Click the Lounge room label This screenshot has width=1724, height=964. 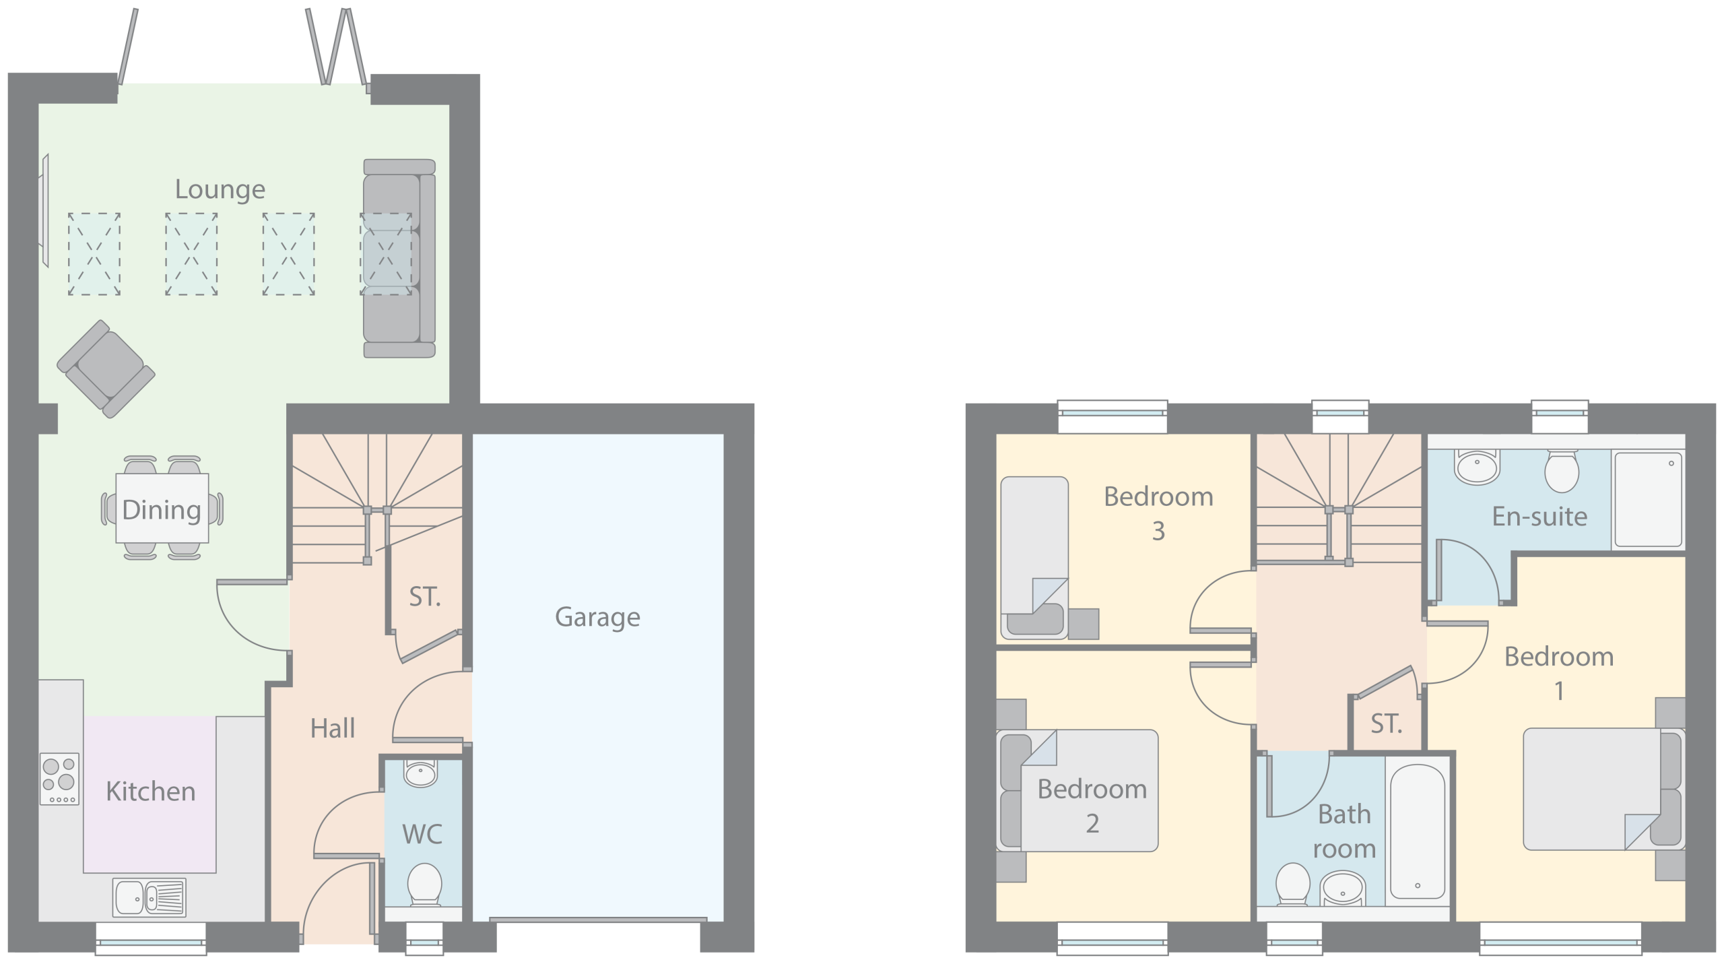[x=220, y=190]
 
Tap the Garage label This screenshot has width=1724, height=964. [x=597, y=618]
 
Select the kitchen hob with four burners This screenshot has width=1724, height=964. [x=60, y=779]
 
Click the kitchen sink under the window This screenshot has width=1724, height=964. [x=150, y=897]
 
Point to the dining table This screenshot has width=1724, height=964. [x=162, y=508]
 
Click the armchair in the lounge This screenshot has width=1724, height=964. [x=106, y=368]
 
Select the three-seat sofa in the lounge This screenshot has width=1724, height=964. [x=399, y=258]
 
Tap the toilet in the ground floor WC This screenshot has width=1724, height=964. [x=424, y=885]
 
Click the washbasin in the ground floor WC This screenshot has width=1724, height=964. [x=422, y=773]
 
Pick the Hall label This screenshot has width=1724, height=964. [x=333, y=729]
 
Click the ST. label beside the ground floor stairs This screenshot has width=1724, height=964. [x=425, y=597]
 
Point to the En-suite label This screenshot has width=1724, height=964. [x=1539, y=517]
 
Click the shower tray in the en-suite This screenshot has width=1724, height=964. [x=1647, y=499]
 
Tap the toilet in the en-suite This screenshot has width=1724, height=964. [x=1562, y=471]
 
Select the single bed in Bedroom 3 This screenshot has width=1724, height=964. [x=1034, y=558]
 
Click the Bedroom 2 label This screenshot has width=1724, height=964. [x=1092, y=806]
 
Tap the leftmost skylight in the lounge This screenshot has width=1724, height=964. [x=94, y=254]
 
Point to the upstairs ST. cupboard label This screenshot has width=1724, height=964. [x=1387, y=724]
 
